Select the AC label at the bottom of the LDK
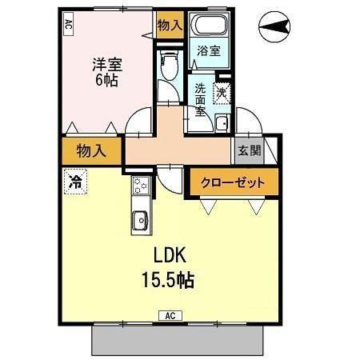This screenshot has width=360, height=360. tap(171, 314)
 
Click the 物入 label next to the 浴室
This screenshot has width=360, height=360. tap(170, 26)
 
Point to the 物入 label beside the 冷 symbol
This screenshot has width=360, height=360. tap(91, 150)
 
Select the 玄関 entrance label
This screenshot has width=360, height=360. tap(245, 150)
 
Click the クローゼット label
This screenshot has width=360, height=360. tap(232, 182)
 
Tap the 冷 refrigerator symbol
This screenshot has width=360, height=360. tap(74, 180)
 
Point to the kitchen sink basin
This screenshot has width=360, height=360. tap(139, 218)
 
